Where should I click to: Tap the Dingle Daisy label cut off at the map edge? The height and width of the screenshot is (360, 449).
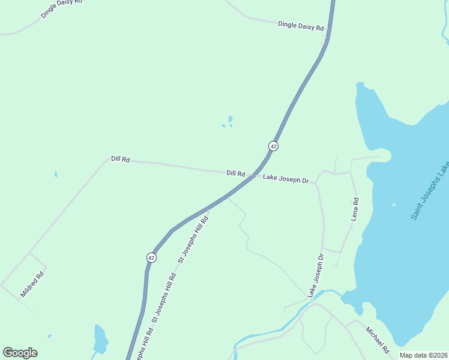[62, 7]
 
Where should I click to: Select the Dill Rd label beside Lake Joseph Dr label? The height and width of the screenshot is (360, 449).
[235, 173]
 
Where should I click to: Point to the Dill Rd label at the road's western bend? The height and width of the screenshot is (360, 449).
[120, 159]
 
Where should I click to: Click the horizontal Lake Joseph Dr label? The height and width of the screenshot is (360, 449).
[285, 179]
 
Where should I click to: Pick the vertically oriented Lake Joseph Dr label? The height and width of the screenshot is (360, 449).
[316, 275]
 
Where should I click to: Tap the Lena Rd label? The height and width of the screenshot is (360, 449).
[355, 209]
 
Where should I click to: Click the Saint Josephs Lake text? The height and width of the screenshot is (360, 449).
[430, 190]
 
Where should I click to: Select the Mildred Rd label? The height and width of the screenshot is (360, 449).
[32, 284]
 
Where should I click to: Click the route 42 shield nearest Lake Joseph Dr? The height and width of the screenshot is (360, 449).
[273, 146]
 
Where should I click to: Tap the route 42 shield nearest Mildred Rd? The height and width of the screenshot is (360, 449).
[151, 257]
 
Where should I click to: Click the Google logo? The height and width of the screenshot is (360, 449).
[20, 353]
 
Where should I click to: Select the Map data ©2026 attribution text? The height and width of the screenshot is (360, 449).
[424, 355]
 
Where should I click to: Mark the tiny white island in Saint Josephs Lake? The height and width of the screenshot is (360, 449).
[394, 205]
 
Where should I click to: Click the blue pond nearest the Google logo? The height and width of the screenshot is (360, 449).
[100, 339]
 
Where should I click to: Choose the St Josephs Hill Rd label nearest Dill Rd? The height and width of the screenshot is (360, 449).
[193, 239]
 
